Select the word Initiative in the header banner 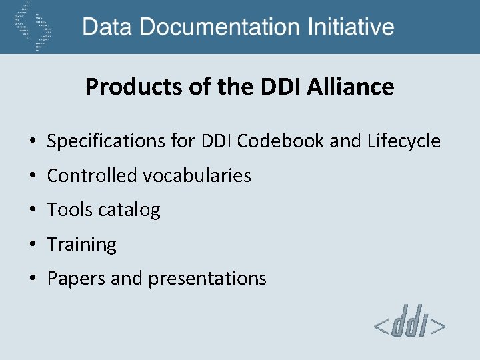[x=351, y=27]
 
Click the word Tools [x=66, y=211]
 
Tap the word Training [x=81, y=245]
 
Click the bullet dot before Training [x=32, y=245]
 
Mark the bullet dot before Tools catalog [x=32, y=211]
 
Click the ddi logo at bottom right [x=409, y=325]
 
